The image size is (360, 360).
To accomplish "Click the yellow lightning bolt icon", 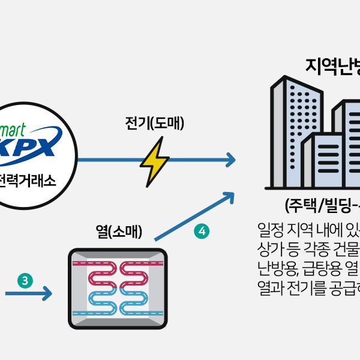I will click(154, 161).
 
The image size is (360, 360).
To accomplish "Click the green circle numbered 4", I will click(202, 230).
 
